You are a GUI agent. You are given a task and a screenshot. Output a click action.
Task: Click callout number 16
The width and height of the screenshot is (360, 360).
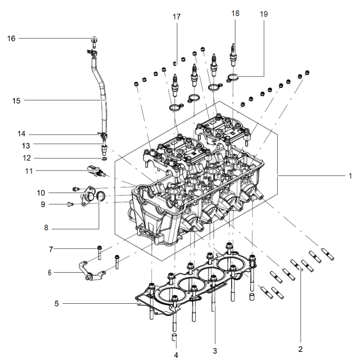(x=11, y=38)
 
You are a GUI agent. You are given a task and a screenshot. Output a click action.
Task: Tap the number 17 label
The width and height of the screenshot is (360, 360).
(x=176, y=17)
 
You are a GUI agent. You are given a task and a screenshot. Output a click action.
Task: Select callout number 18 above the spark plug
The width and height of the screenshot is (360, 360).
(x=235, y=13)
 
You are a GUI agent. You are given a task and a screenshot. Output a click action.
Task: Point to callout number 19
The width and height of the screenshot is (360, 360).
(x=264, y=14)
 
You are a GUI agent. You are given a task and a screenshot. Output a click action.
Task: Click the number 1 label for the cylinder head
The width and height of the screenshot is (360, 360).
(x=350, y=176)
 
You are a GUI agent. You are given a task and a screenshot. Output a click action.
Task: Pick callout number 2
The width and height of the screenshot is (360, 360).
(x=301, y=349)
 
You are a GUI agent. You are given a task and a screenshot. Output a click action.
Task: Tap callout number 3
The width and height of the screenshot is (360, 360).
(x=215, y=351)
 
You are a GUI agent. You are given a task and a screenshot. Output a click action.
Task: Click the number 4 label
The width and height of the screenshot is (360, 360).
(x=176, y=355)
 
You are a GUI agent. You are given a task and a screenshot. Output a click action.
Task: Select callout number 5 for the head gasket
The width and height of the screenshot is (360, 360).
(x=57, y=303)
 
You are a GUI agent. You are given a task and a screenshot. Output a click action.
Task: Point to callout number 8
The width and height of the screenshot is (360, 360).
(x=46, y=228)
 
